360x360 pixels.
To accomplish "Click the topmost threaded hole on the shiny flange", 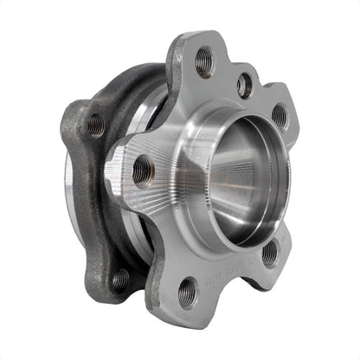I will (x=204, y=61).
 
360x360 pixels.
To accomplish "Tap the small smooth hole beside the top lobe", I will (x=245, y=85).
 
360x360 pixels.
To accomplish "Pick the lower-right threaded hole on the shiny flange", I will (x=270, y=254).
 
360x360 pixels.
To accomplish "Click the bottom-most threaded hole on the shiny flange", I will (x=188, y=292).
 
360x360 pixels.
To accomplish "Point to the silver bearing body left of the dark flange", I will (x=67, y=182).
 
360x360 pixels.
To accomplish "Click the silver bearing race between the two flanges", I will (x=138, y=242).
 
